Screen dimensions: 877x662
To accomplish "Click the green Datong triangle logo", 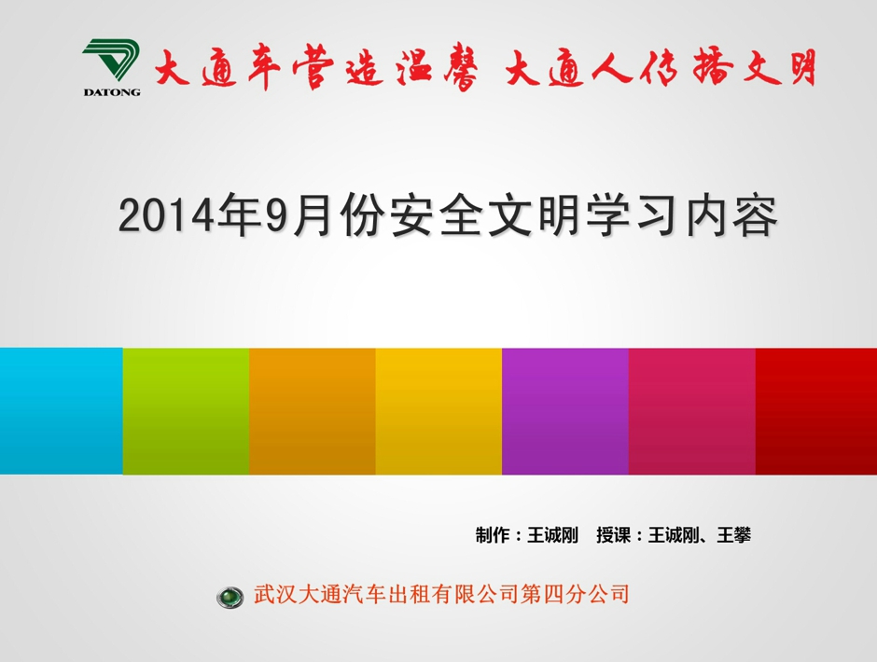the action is click(x=110, y=61).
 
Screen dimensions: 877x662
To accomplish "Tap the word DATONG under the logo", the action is click(x=112, y=92).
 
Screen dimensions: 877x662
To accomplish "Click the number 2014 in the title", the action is click(x=166, y=215).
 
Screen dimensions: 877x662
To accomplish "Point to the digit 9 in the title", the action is click(x=277, y=215).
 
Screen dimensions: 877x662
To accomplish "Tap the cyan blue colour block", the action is click(x=61, y=411).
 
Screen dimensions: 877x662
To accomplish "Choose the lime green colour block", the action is click(x=186, y=411).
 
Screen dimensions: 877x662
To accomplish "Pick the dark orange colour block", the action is click(x=313, y=411).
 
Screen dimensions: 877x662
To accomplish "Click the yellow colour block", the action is click(x=438, y=411).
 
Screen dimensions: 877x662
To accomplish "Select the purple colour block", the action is click(x=564, y=411).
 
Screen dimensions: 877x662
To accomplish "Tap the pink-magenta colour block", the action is click(x=692, y=411).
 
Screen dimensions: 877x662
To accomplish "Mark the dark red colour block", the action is click(x=816, y=411).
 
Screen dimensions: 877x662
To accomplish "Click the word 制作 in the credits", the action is click(x=493, y=535).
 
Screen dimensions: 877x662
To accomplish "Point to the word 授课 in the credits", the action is click(x=613, y=535).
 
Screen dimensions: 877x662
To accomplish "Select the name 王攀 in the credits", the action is click(x=734, y=535).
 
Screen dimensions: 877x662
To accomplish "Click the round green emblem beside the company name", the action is click(x=230, y=597).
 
